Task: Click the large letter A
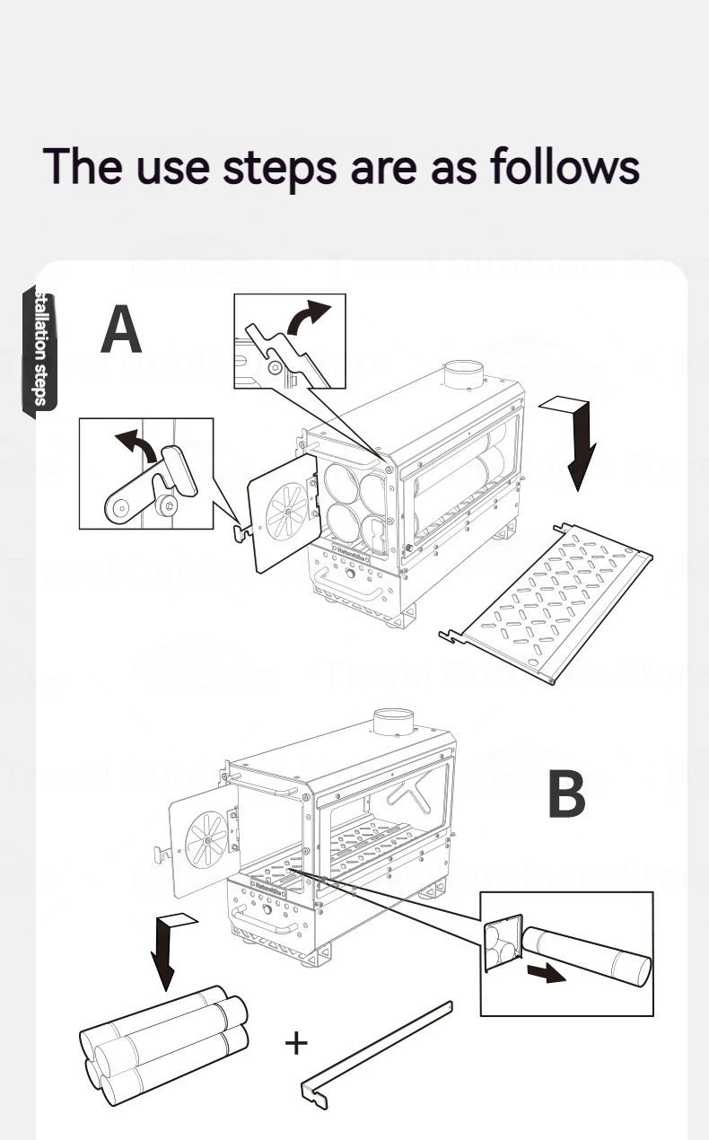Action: (x=121, y=329)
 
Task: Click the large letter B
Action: (x=565, y=794)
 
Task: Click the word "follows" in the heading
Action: (x=565, y=166)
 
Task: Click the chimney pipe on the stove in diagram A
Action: (x=465, y=374)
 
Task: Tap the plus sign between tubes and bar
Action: (x=295, y=1043)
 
